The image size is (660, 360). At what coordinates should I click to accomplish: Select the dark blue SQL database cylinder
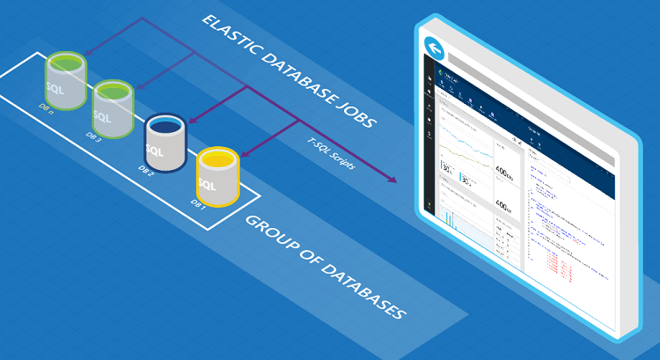point(165,143)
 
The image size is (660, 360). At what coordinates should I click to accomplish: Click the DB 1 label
point(198,204)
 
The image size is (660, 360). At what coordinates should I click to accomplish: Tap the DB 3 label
point(93,135)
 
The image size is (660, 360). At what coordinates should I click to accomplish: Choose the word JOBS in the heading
point(357,117)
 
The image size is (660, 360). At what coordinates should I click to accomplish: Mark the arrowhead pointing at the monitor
point(392,180)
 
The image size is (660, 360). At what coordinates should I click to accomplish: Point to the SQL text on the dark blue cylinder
point(157,151)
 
